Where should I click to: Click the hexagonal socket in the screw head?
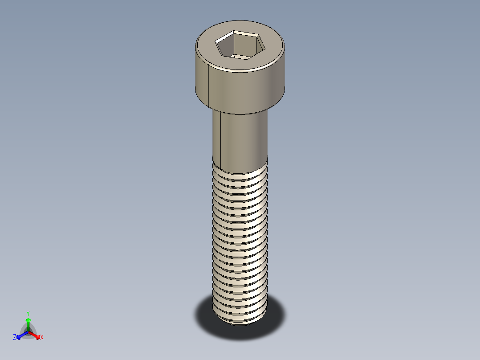point(240,44)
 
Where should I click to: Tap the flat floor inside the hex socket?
point(241,56)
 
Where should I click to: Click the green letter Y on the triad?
point(28,313)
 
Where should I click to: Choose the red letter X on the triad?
point(41,338)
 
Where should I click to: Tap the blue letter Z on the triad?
point(15,338)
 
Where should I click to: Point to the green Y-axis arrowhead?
point(28,320)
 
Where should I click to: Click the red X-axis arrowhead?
point(37,335)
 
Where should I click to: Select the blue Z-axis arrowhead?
point(19,335)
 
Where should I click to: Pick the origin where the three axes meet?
point(28,331)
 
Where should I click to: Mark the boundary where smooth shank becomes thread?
point(240,164)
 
